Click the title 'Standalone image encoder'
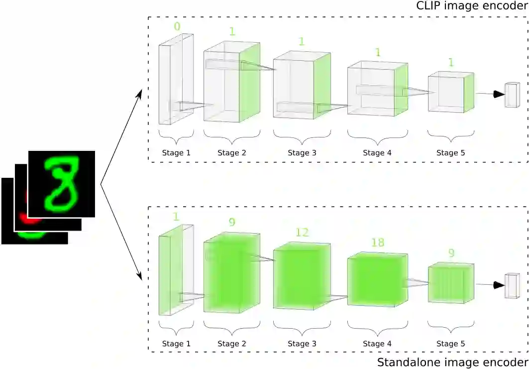point(452,362)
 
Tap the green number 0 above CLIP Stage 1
point(177,26)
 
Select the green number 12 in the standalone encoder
point(302,232)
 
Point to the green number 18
point(378,243)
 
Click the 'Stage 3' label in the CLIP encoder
point(302,153)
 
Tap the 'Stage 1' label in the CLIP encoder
point(176,153)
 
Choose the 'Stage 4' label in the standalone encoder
point(377,344)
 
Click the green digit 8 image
point(62,184)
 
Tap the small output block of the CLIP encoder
point(512,95)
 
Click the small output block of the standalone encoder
point(512,286)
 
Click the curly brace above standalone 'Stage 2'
point(232,327)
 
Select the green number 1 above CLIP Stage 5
point(451,62)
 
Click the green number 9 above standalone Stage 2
point(232,222)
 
